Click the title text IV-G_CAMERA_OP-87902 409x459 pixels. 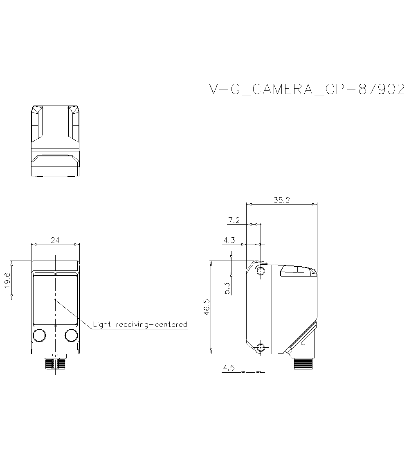coord(304,90)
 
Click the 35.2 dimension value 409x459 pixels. coord(282,200)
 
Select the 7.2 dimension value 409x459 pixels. coord(234,220)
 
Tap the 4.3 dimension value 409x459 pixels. coord(229,241)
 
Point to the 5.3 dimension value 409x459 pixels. coord(227,288)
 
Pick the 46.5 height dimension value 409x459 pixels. coord(207,307)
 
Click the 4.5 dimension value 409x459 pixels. coord(229,368)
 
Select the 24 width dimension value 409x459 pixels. coord(55,240)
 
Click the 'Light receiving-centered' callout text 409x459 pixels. coord(140,325)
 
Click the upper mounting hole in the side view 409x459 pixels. coord(261,271)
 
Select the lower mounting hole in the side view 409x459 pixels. coord(261,348)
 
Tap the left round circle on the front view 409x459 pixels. coord(39,335)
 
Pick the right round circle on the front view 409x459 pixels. coord(71,335)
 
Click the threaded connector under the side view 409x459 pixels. coord(303,364)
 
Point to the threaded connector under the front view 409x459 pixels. coord(55,363)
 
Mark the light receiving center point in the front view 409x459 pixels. coord(55,300)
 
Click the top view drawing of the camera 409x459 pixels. coord(55,141)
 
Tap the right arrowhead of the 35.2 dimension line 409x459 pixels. coord(315,204)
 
